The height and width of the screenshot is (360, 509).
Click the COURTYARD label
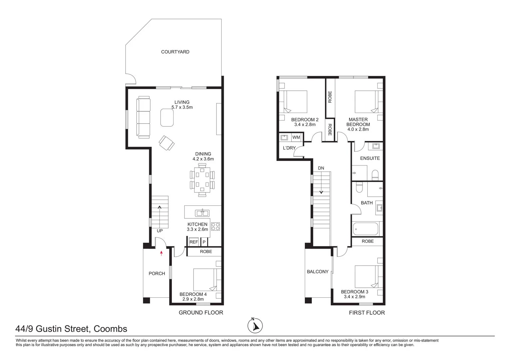pyautogui.click(x=175, y=52)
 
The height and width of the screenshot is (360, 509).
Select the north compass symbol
pyautogui.click(x=256, y=325)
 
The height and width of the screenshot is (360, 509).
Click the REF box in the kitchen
pyautogui.click(x=194, y=242)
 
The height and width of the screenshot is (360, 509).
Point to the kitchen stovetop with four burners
pyautogui.click(x=216, y=227)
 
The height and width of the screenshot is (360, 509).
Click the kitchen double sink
pyautogui.click(x=202, y=213)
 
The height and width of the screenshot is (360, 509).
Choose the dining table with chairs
pyautogui.click(x=202, y=180)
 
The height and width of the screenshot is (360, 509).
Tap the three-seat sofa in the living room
pyautogui.click(x=144, y=117)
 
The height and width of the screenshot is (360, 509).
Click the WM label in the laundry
pyautogui.click(x=296, y=137)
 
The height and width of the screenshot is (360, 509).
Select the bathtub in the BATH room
pyautogui.click(x=365, y=229)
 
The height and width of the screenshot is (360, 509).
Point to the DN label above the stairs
pyautogui.click(x=321, y=168)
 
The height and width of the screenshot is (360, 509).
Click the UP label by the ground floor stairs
pyautogui.click(x=160, y=231)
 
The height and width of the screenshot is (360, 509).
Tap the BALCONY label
pyautogui.click(x=317, y=272)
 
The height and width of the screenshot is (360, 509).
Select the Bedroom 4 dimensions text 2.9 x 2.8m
pyautogui.click(x=193, y=299)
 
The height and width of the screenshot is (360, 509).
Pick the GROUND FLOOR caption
pyautogui.click(x=201, y=313)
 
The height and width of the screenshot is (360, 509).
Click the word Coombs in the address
pyautogui.click(x=110, y=329)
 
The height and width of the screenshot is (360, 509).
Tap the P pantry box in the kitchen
pyautogui.click(x=204, y=242)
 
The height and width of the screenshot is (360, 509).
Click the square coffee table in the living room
pyautogui.click(x=167, y=117)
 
